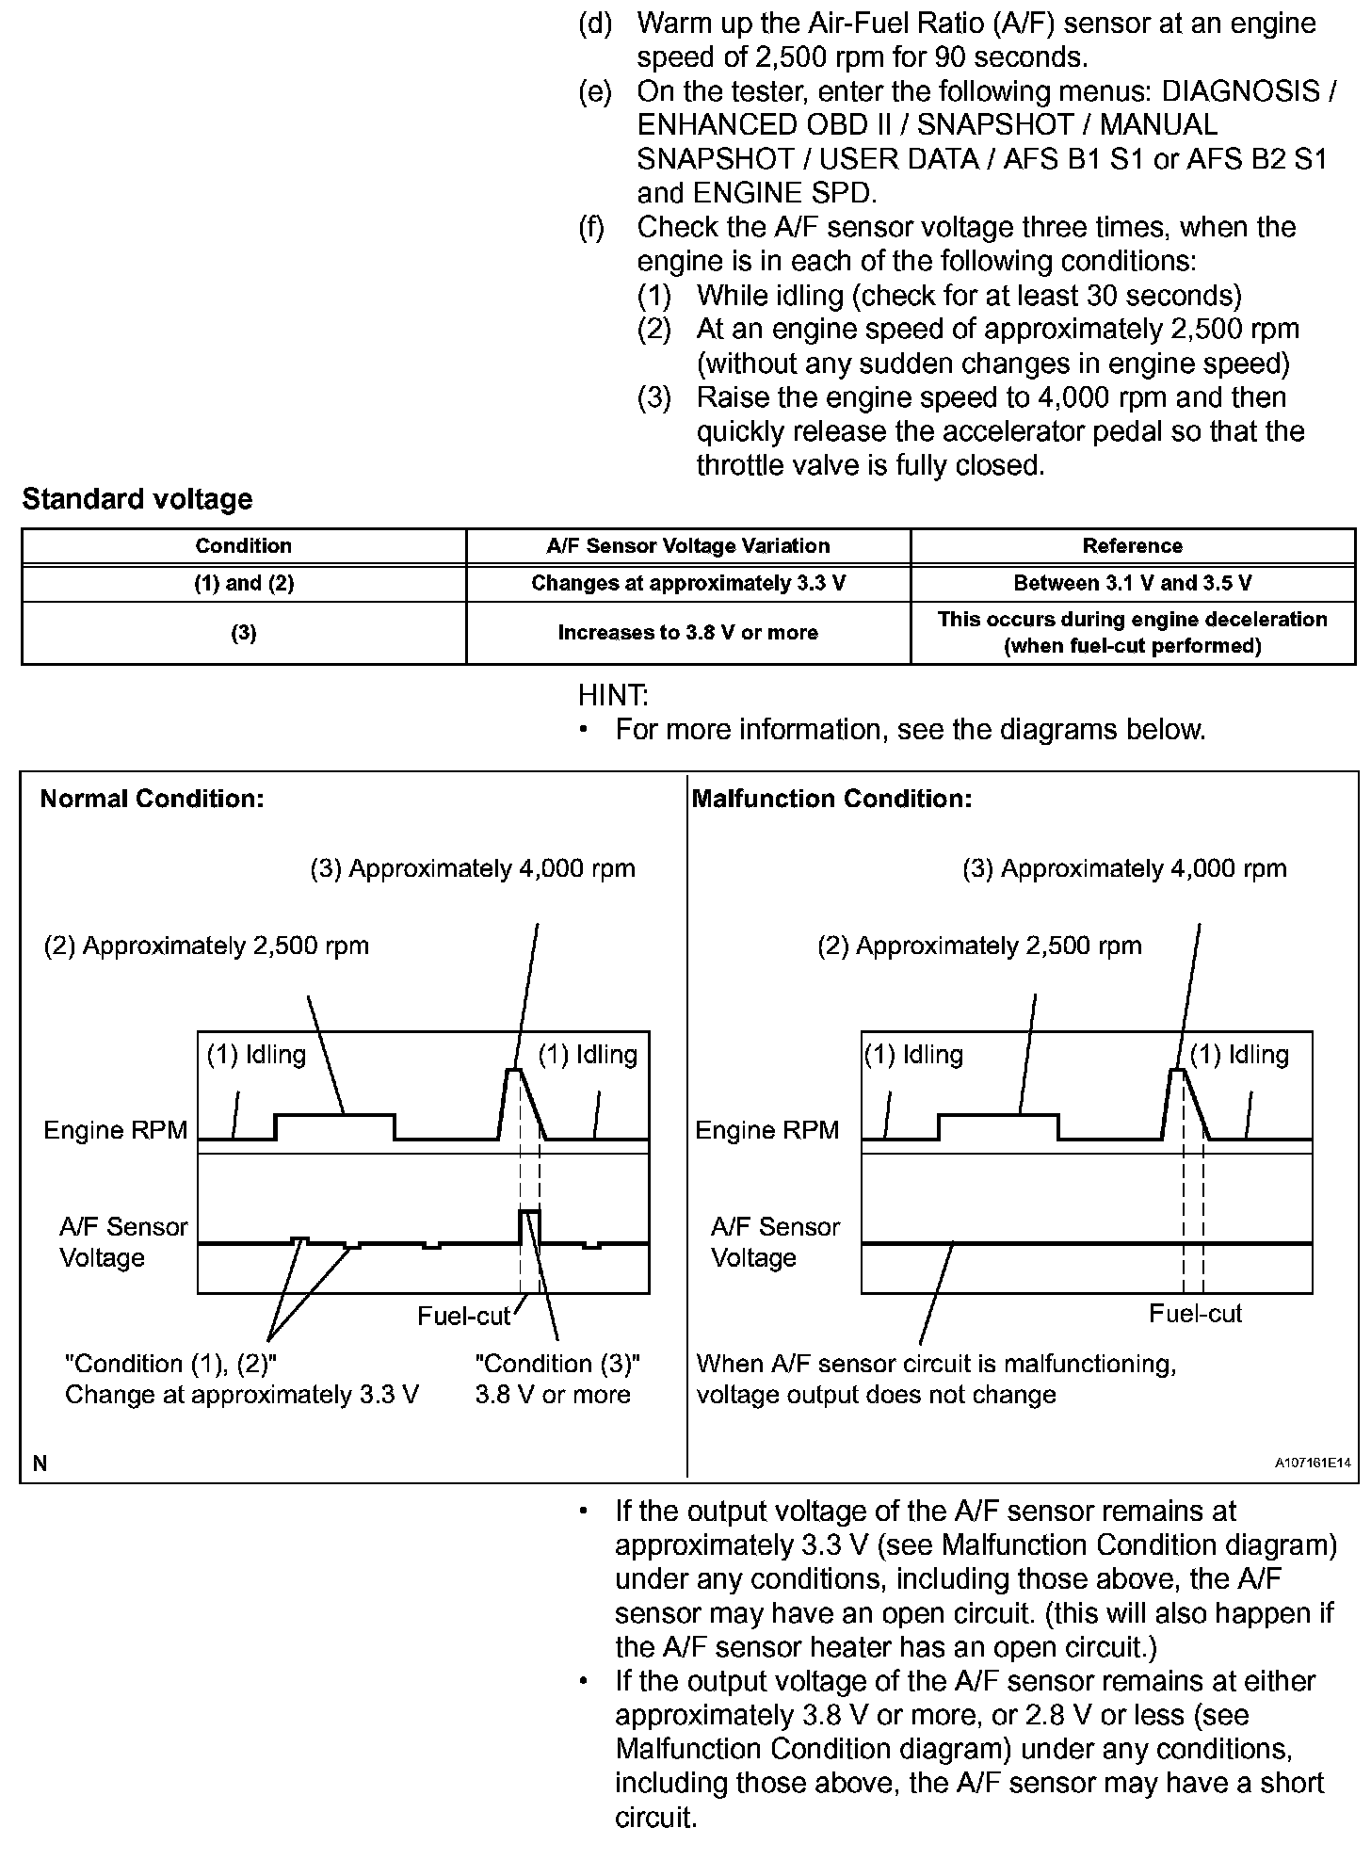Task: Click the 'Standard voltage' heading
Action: point(137,499)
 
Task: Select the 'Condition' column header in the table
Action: point(243,546)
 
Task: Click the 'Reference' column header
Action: point(1133,546)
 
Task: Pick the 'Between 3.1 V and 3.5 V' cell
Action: point(1133,583)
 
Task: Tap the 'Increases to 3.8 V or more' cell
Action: point(687,633)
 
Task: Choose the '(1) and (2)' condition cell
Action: point(243,583)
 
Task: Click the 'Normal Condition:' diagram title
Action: point(152,800)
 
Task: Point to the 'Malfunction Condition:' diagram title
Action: point(831,800)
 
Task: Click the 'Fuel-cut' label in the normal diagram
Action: point(463,1316)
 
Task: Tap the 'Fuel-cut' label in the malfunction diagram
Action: point(1195,1314)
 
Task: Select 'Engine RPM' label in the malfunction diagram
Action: point(766,1130)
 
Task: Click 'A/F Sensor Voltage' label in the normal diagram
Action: point(122,1242)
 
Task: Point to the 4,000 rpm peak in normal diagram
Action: point(514,1070)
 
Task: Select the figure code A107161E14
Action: point(1313,1464)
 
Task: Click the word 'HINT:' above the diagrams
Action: point(613,696)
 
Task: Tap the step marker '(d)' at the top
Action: point(595,24)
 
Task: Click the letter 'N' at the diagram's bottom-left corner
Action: point(40,1463)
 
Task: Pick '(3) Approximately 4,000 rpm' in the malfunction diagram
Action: point(1124,868)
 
